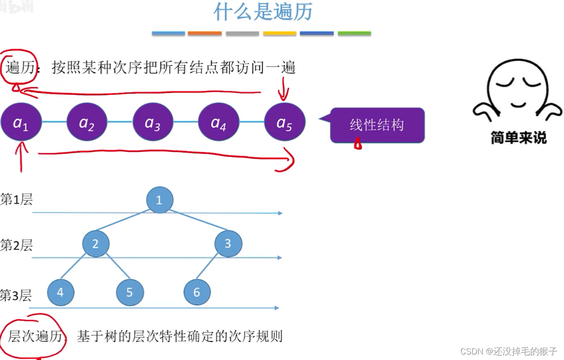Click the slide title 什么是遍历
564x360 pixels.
coord(262,12)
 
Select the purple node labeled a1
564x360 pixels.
coord(21,122)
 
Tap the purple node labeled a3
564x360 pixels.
coord(153,122)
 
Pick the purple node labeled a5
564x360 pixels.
coord(285,122)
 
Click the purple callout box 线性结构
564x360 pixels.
coord(377,125)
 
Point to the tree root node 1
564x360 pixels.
coord(160,200)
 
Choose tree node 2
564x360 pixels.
coord(95,244)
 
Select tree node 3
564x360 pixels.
coord(228,244)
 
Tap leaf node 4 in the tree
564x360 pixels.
coord(61,292)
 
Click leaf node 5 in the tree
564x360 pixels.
coord(129,292)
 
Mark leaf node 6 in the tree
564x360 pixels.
coord(197,292)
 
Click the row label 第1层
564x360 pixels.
coord(17,200)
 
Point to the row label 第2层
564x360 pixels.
coord(17,245)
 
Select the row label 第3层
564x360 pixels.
coord(16,295)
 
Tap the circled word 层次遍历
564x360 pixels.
coord(35,337)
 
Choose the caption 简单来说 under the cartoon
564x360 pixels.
coord(519,138)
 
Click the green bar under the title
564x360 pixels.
coord(354,33)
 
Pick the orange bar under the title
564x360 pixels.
coord(205,33)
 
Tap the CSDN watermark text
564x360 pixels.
coord(508,351)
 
